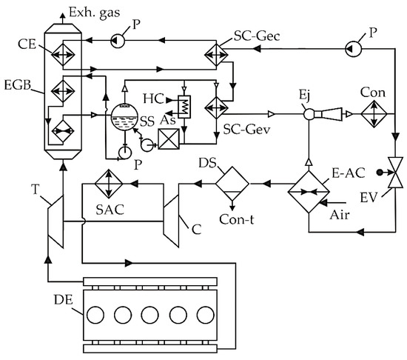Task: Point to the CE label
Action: tap(27, 42)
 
